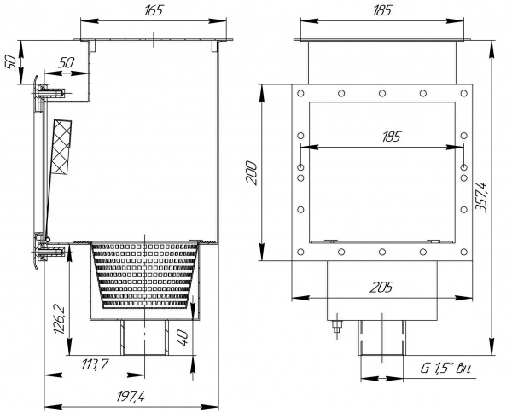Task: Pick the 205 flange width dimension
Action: pyautogui.click(x=381, y=288)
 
